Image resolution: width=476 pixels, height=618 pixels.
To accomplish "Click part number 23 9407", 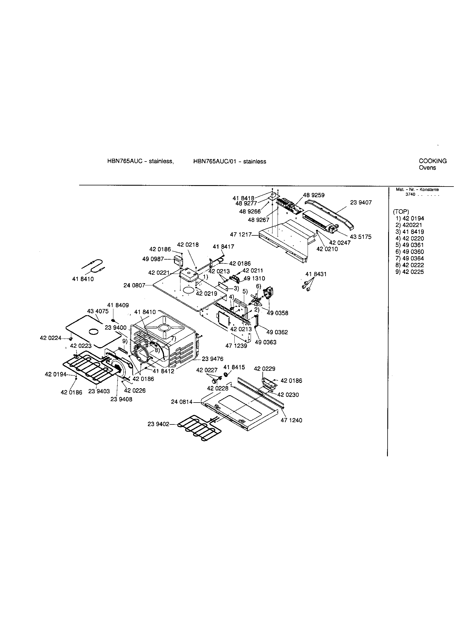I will pyautogui.click(x=361, y=203).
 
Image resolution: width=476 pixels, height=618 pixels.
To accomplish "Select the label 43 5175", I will pyautogui.click(x=361, y=237).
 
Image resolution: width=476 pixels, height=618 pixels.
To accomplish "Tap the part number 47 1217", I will pyautogui.click(x=241, y=235).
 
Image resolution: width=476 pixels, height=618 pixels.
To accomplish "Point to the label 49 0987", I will pyautogui.click(x=153, y=259).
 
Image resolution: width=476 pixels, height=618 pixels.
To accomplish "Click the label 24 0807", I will pyautogui.click(x=134, y=285).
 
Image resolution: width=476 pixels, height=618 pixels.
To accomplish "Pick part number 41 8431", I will pyautogui.click(x=316, y=274).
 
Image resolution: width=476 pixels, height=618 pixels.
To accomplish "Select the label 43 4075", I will pyautogui.click(x=97, y=311).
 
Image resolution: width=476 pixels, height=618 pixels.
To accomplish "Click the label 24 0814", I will pyautogui.click(x=182, y=402).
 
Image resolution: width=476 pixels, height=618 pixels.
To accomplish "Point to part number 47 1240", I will pyautogui.click(x=291, y=421).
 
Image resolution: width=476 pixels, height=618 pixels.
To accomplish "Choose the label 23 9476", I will pyautogui.click(x=212, y=359).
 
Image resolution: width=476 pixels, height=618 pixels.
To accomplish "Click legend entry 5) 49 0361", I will pyautogui.click(x=409, y=245).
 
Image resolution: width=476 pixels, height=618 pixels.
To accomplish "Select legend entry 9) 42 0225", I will pyautogui.click(x=409, y=272).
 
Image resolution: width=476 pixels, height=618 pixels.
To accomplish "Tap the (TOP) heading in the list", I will pyautogui.click(x=401, y=212).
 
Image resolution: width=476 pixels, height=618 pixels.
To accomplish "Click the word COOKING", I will pyautogui.click(x=432, y=161).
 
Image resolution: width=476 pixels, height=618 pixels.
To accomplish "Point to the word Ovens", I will pyautogui.click(x=427, y=168).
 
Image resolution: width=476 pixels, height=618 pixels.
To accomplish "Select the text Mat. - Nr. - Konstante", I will pyautogui.click(x=417, y=190).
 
